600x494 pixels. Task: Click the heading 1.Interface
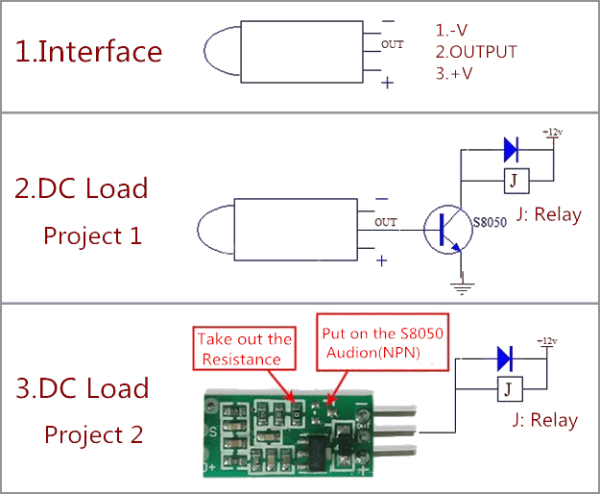[88, 51]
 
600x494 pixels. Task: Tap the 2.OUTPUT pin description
[476, 52]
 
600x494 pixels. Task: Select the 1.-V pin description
[451, 30]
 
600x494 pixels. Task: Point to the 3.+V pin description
[454, 73]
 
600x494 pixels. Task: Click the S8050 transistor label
[490, 222]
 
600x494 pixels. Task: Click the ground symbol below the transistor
[462, 288]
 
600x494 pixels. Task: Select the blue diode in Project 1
[512, 150]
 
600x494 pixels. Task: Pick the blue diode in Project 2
[505, 358]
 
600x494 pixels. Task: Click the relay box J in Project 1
[516, 181]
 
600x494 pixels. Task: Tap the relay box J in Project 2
[510, 389]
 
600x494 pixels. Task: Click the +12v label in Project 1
[553, 132]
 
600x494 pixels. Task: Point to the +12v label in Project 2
[547, 341]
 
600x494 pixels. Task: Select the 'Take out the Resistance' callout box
[244, 348]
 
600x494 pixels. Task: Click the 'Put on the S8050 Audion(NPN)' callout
[383, 342]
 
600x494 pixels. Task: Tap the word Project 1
[92, 235]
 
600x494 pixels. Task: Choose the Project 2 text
[94, 434]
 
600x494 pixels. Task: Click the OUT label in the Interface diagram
[393, 44]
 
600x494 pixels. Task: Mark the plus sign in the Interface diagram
[387, 83]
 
